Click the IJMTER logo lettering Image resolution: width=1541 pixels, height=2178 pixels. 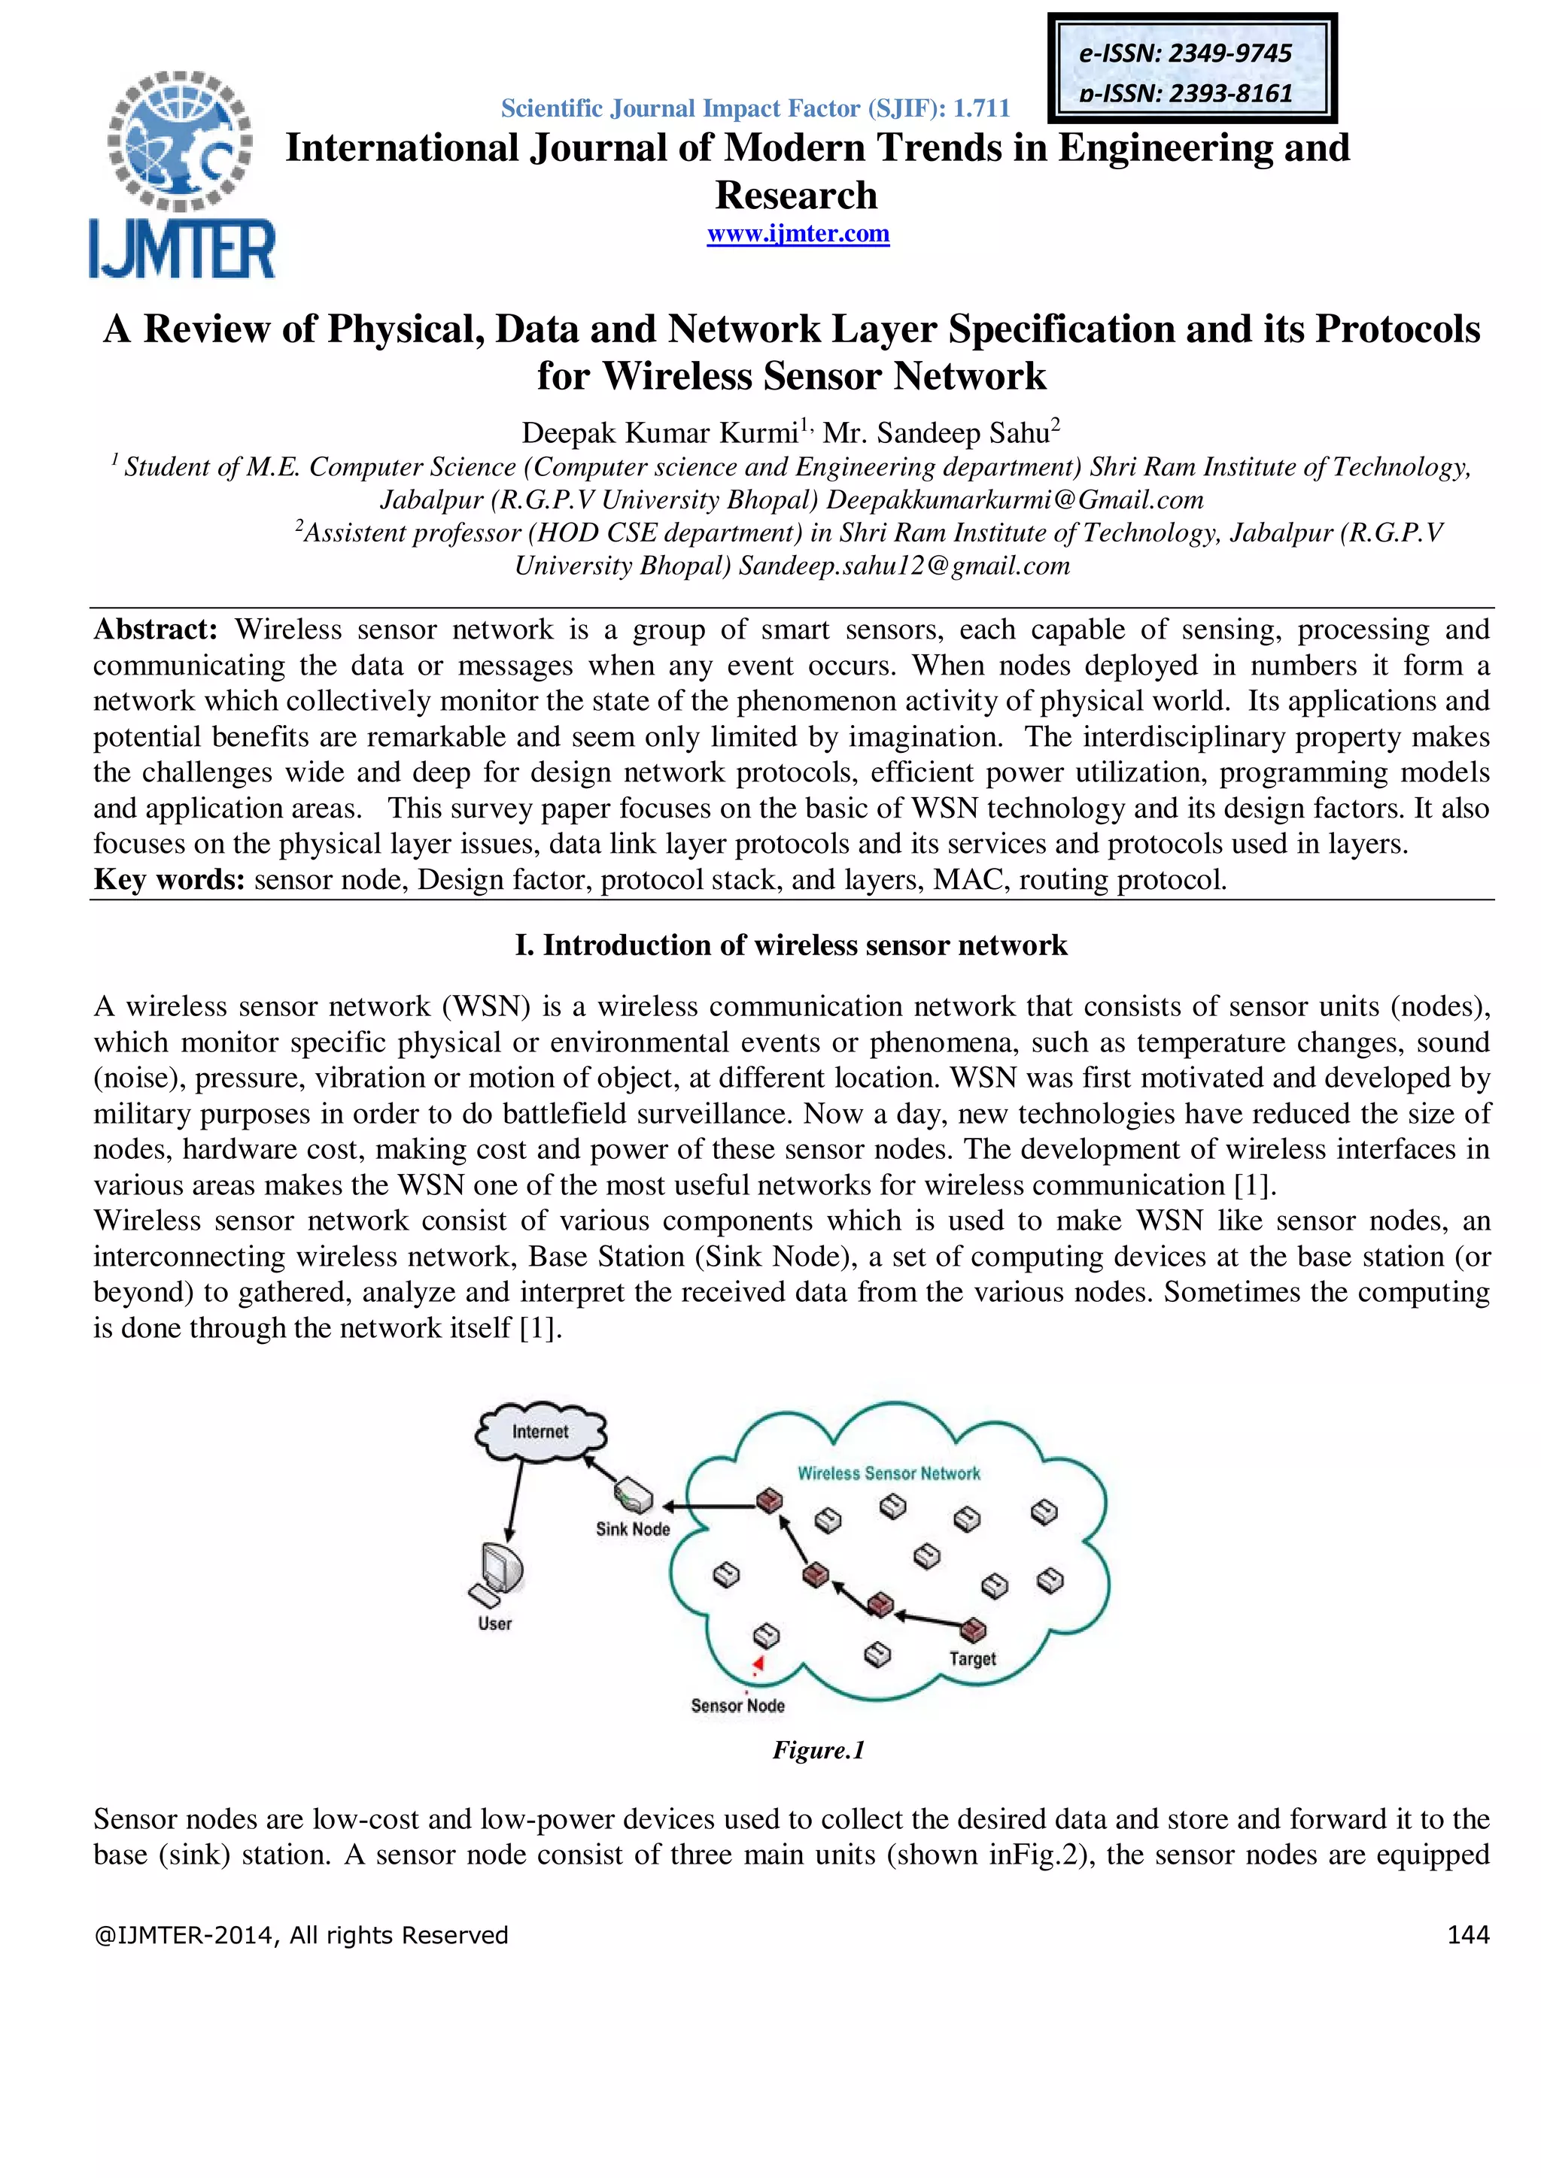(182, 250)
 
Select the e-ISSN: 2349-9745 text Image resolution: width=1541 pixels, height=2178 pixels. (1185, 53)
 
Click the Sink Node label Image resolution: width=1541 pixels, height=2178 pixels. (632, 1529)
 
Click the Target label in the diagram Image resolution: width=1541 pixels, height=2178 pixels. (973, 1659)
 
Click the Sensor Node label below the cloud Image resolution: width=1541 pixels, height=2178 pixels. (737, 1706)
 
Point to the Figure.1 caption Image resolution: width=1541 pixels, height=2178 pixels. (818, 1750)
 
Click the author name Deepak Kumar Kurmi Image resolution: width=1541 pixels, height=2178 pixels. (659, 433)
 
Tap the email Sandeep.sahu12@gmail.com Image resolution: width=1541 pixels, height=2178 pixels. (904, 566)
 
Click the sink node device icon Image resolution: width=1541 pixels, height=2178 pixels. (633, 1496)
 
